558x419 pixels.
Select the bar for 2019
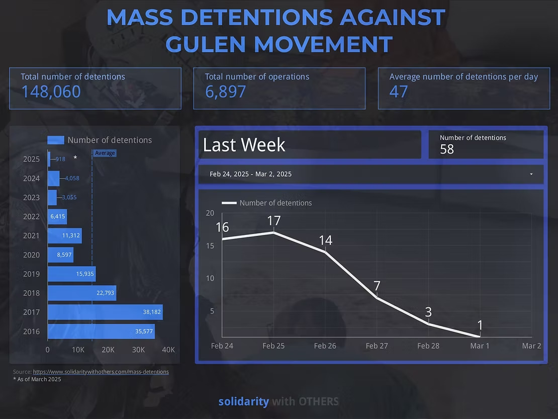pos(71,274)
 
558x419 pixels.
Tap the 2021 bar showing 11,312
pos(64,235)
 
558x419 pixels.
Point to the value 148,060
pos(51,92)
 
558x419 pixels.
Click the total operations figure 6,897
pos(225,92)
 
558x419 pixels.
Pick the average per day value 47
pos(399,92)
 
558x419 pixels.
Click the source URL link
pos(101,372)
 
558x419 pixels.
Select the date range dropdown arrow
pos(531,174)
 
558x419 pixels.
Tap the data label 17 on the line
pos(273,221)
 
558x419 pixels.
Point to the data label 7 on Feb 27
pos(377,286)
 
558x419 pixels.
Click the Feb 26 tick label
pos(325,346)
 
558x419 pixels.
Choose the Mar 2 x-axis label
pos(531,346)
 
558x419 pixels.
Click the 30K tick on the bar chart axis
pos(138,350)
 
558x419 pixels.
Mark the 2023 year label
pos(31,197)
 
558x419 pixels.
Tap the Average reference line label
pos(105,153)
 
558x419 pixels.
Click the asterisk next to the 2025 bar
pos(75,158)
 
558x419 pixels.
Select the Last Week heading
pos(244,145)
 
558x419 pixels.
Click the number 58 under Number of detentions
pos(446,149)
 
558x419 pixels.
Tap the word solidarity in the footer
pos(243,401)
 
